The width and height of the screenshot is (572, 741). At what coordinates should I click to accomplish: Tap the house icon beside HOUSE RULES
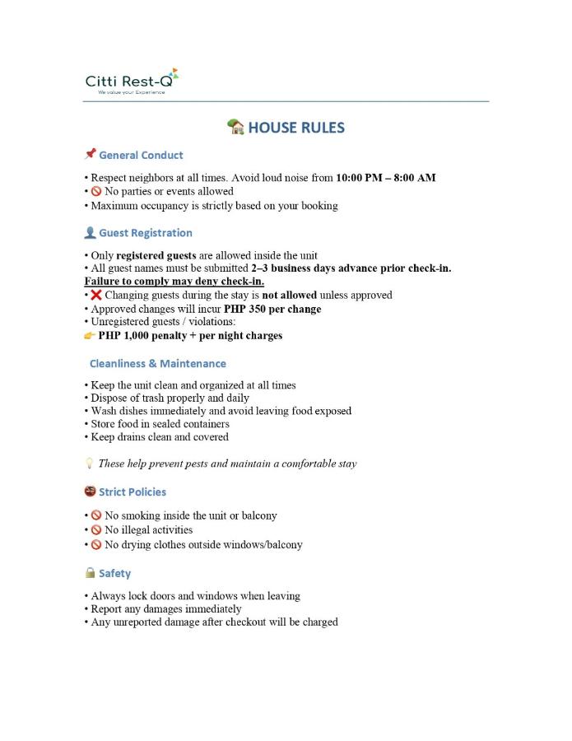pyautogui.click(x=235, y=127)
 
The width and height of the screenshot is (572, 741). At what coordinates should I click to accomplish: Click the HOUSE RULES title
pyautogui.click(x=296, y=128)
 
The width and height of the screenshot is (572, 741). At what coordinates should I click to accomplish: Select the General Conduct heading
pyautogui.click(x=141, y=155)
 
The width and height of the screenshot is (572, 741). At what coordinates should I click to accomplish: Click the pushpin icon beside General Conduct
pyautogui.click(x=91, y=154)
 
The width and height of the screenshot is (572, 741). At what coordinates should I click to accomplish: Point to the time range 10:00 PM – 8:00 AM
pyautogui.click(x=386, y=177)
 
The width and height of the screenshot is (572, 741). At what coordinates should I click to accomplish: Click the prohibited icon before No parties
pyautogui.click(x=95, y=191)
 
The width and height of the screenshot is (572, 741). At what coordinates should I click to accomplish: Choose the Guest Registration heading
pyautogui.click(x=146, y=233)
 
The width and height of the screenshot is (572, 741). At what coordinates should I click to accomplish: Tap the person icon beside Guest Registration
pyautogui.click(x=91, y=233)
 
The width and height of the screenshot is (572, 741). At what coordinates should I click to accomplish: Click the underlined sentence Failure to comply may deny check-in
pyautogui.click(x=174, y=281)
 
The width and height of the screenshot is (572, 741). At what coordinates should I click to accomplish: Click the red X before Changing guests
pyautogui.click(x=95, y=295)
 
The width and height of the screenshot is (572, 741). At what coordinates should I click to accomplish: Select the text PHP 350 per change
pyautogui.click(x=272, y=309)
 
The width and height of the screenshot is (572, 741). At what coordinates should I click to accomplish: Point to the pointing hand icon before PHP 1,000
pyautogui.click(x=90, y=336)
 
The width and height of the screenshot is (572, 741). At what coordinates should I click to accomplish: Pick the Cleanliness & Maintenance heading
pyautogui.click(x=157, y=363)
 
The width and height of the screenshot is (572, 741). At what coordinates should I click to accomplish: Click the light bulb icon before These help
pyautogui.click(x=90, y=464)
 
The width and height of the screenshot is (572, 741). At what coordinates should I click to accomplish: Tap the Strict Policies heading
pyautogui.click(x=133, y=492)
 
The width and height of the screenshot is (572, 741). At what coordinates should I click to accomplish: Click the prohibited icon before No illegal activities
pyautogui.click(x=95, y=530)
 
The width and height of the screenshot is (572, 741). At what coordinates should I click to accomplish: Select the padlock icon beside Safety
pyautogui.click(x=91, y=573)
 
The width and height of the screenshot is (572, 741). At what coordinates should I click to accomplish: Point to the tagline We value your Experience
pyautogui.click(x=132, y=92)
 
